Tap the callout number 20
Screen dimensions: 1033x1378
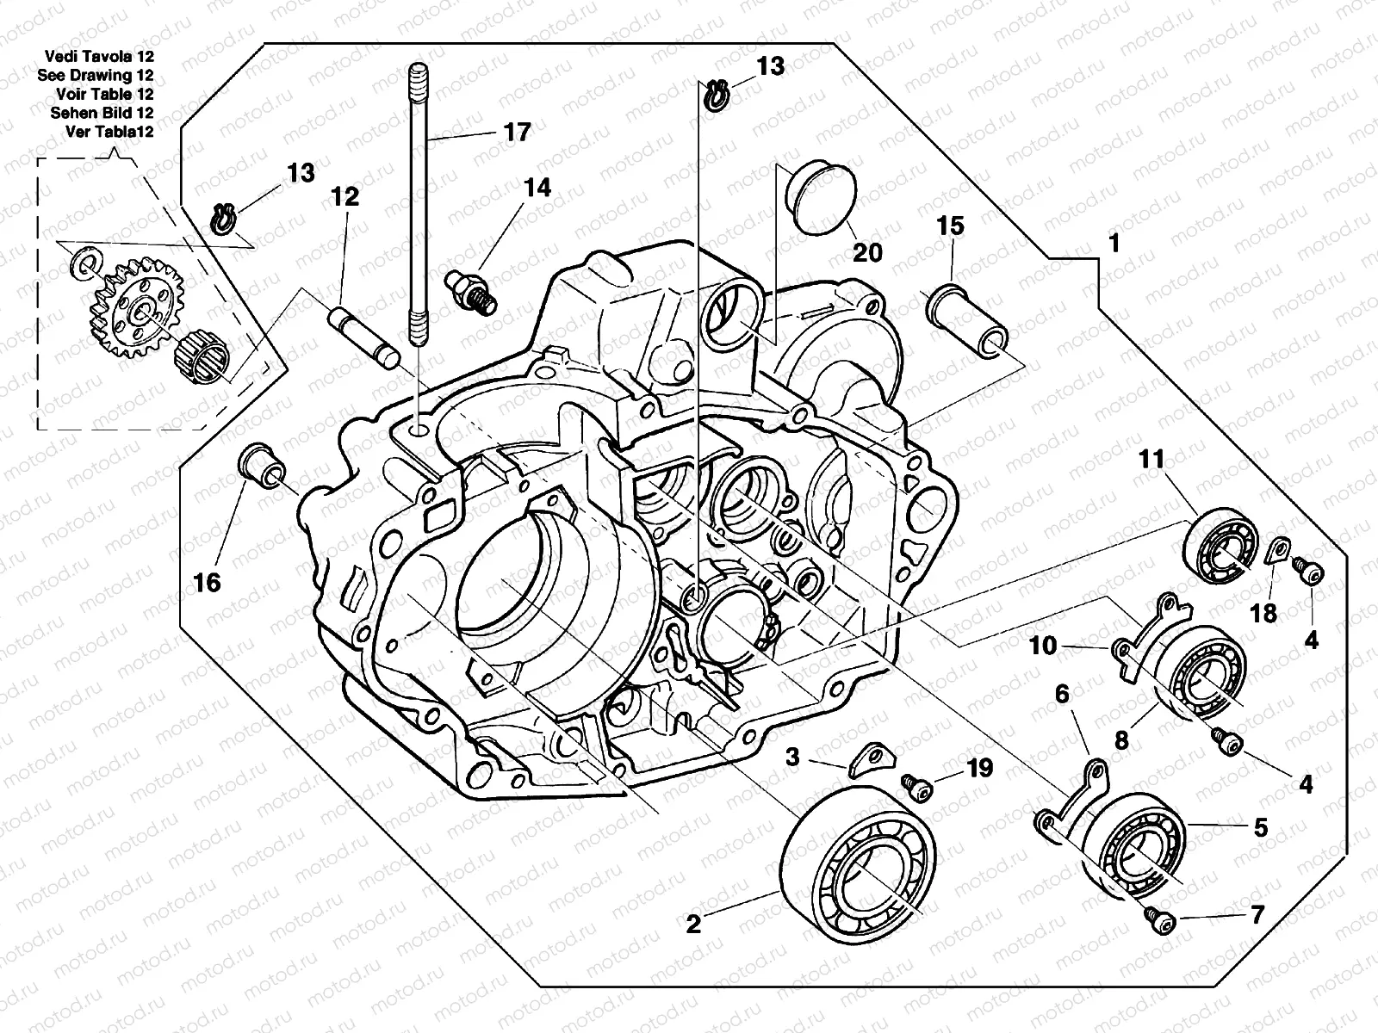[x=867, y=252]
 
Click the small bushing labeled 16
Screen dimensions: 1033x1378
[x=261, y=467]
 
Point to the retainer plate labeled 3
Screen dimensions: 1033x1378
[x=866, y=759]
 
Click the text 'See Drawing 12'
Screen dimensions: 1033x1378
[x=96, y=75]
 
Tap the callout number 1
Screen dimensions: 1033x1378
[x=1114, y=244]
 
